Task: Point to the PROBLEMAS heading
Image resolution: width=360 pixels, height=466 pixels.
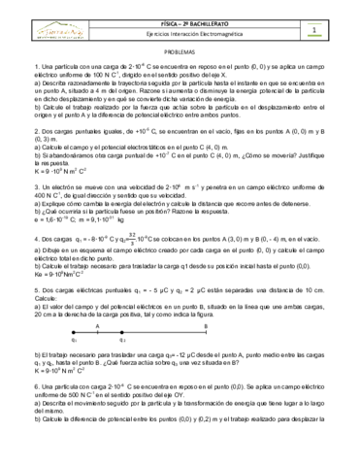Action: [180, 55]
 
